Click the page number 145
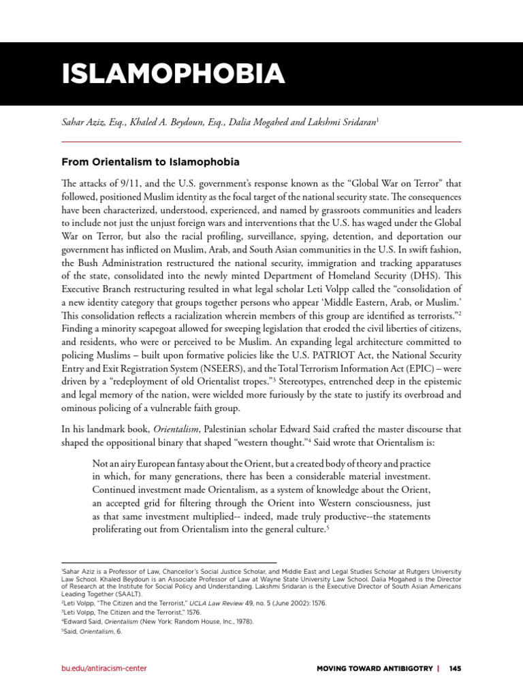[455, 668]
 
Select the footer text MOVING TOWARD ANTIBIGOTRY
[375, 668]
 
